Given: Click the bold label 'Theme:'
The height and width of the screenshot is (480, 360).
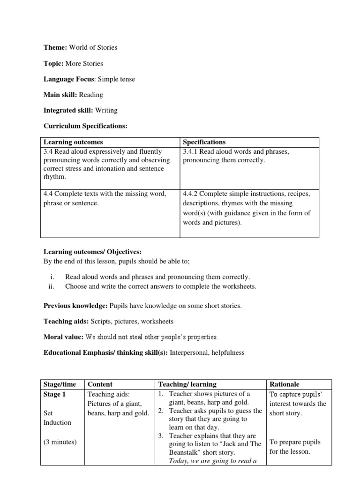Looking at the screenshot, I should (55, 47).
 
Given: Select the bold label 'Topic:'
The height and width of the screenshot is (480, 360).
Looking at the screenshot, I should (54, 63).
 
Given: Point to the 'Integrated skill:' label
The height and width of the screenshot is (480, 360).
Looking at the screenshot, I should (68, 111).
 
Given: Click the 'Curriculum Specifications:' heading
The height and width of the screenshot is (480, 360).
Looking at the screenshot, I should (85, 126).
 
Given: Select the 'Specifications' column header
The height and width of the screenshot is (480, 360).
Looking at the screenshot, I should (204, 142).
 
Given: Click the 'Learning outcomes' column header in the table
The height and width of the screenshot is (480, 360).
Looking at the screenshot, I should (73, 142).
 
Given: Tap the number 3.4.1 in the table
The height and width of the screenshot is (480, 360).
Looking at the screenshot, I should (191, 151).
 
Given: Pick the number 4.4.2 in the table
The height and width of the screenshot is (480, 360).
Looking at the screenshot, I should (191, 194).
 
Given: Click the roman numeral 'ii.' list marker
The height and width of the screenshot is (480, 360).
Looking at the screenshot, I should (52, 286).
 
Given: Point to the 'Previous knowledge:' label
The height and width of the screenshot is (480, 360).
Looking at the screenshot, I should (75, 306).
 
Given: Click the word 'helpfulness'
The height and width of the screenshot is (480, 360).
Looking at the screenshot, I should (228, 352).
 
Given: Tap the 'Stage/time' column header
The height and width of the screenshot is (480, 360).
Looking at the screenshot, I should (59, 384).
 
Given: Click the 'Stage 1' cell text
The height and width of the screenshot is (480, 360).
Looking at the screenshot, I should (55, 394).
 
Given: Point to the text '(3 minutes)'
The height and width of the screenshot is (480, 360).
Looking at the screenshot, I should (60, 442).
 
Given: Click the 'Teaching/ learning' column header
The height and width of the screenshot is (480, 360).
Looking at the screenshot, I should (187, 384).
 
